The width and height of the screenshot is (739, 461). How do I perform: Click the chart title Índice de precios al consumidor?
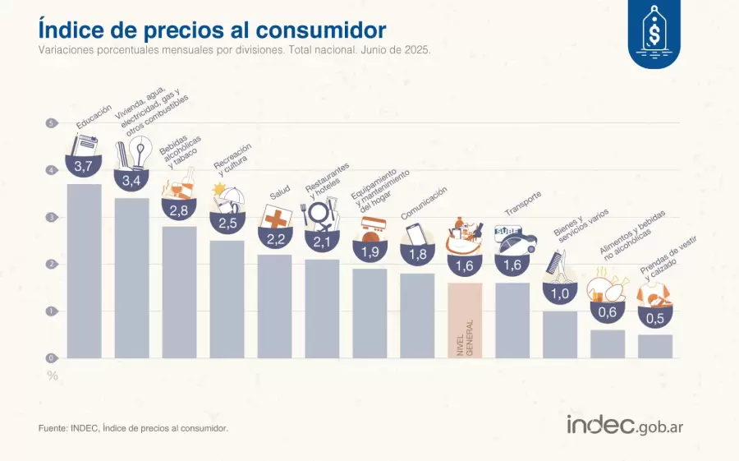[x=212, y=30]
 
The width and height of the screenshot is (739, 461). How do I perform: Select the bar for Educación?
[x=84, y=271]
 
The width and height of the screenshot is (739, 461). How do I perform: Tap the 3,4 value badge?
[x=131, y=179]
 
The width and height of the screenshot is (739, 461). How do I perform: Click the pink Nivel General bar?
[x=465, y=320]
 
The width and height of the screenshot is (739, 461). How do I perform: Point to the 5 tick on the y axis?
[x=51, y=123]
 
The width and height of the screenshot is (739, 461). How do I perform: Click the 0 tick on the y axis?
[x=51, y=358]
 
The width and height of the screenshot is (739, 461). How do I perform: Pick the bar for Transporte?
[x=512, y=320]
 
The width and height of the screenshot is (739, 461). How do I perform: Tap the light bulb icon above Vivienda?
[x=142, y=154]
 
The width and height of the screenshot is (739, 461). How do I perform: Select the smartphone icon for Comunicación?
[x=414, y=233]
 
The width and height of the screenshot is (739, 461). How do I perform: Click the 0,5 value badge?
[x=655, y=317]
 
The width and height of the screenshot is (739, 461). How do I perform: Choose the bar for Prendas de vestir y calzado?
[x=655, y=346]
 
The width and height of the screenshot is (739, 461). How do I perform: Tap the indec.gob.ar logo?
[x=625, y=425]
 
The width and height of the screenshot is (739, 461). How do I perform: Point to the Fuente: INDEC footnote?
[x=133, y=428]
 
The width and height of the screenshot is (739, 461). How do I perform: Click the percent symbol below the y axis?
[x=52, y=376]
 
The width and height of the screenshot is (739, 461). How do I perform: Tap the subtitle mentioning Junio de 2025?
[x=234, y=49]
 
